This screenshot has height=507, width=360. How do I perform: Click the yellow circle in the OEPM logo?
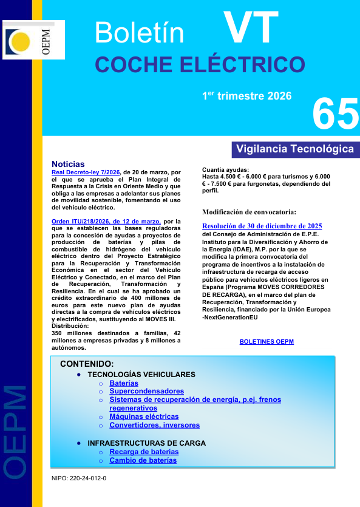(x=21, y=41)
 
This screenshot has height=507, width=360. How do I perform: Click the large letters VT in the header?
(x=251, y=29)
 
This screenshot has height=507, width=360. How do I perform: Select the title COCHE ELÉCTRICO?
(x=200, y=64)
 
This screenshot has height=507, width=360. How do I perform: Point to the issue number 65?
(x=336, y=114)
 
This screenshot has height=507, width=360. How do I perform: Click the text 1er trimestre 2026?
(x=247, y=96)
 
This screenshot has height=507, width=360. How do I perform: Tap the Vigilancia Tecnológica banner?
(x=295, y=149)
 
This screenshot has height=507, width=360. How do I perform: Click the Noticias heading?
(x=69, y=164)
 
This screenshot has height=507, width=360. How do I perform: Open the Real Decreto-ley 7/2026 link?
(x=86, y=172)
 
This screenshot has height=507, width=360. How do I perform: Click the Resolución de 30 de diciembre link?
(x=262, y=226)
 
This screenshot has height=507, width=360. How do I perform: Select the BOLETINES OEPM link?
(x=267, y=342)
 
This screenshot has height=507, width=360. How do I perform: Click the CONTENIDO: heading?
(x=87, y=364)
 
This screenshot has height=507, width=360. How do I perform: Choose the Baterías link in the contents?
(x=124, y=383)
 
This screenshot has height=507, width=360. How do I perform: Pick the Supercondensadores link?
(x=146, y=392)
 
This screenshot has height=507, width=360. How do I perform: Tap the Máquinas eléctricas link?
(x=144, y=417)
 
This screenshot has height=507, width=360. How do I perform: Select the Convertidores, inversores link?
(x=154, y=425)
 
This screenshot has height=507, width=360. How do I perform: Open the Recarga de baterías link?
(x=144, y=452)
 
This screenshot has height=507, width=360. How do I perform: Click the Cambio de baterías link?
(x=143, y=460)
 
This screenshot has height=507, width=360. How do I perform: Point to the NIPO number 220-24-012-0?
(x=79, y=478)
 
